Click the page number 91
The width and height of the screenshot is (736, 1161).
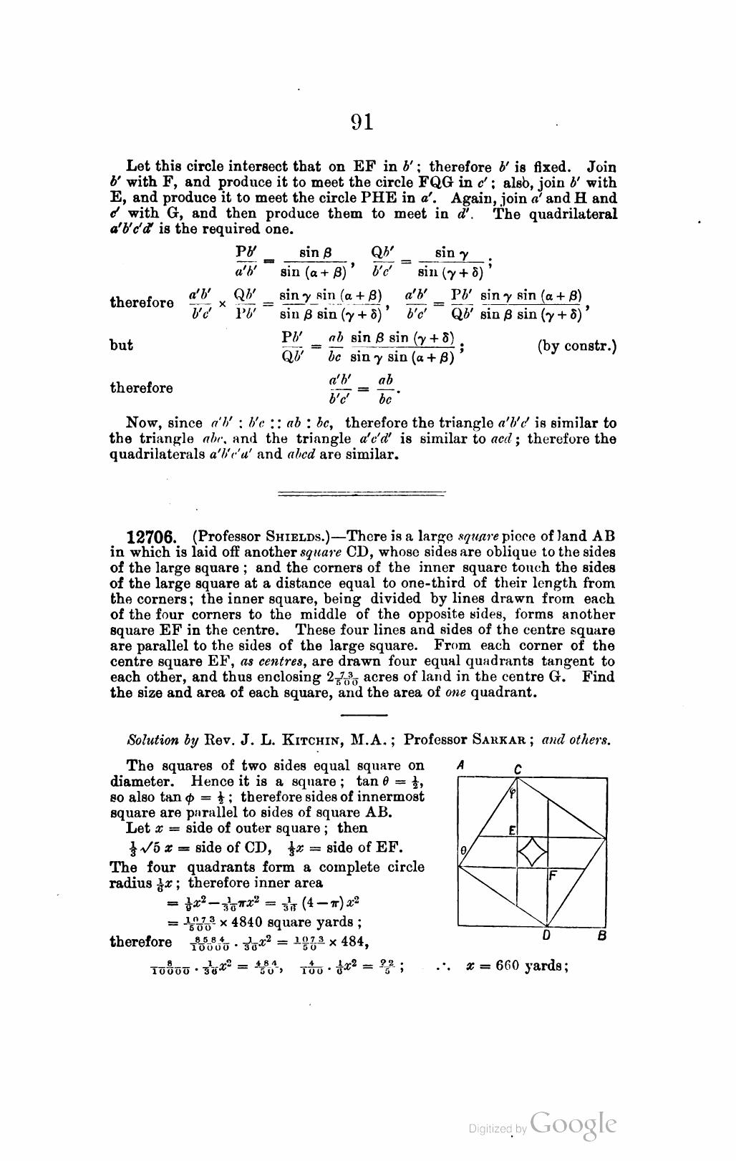click(x=362, y=122)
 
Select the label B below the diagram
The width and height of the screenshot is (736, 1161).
click(x=602, y=935)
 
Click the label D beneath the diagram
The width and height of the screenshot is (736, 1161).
click(x=546, y=935)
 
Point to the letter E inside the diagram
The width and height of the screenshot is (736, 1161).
click(x=513, y=830)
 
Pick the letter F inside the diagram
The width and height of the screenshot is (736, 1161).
click(x=552, y=875)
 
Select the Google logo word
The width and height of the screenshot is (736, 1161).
click(x=574, y=1124)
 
